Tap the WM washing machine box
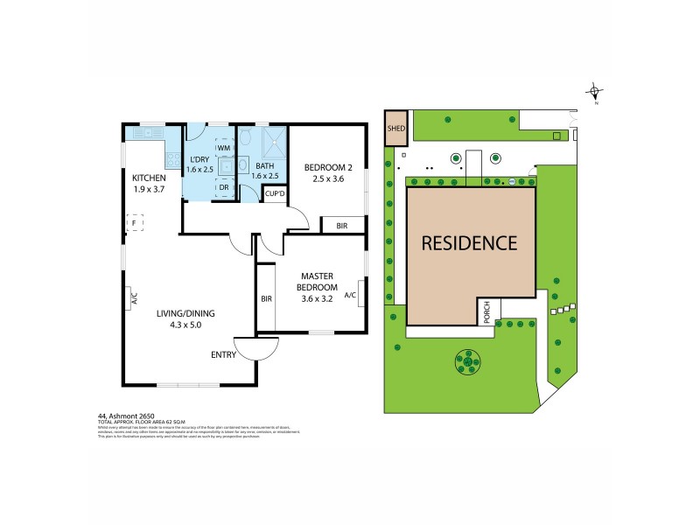[223, 149]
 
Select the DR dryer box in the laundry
[223, 186]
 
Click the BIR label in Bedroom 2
[340, 226]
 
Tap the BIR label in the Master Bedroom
[265, 298]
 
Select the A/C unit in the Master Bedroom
[350, 295]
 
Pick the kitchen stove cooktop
[169, 158]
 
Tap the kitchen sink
[140, 133]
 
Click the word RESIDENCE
[469, 242]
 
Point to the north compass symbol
[595, 90]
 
